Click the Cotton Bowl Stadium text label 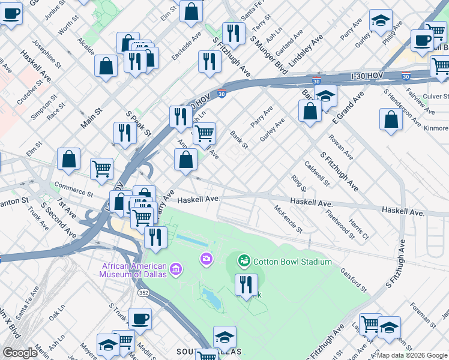(x=292, y=262)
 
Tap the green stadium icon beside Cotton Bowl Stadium (x=244, y=261)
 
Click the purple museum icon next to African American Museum (x=176, y=269)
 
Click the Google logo (x=20, y=353)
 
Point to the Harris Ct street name (x=358, y=231)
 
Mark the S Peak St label (x=137, y=123)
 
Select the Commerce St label (x=73, y=189)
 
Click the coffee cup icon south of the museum (x=140, y=319)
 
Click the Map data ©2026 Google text (x=412, y=355)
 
